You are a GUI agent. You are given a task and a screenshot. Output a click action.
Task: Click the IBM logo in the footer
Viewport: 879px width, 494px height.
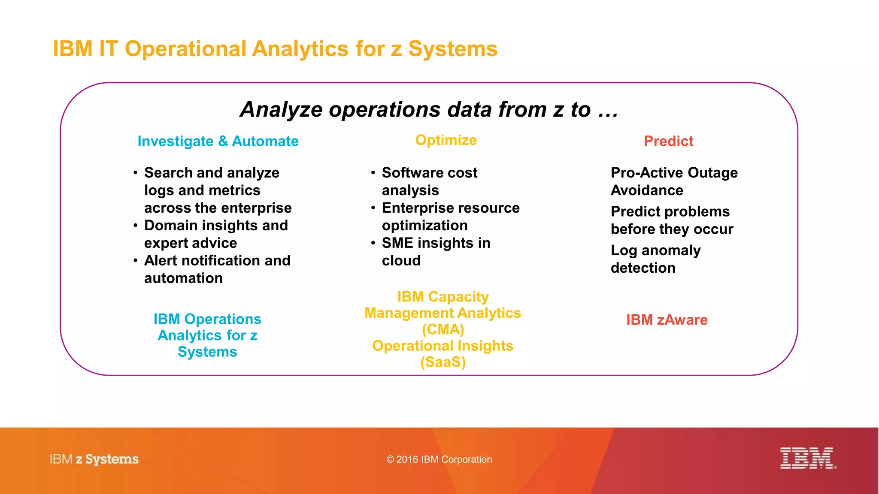(807, 458)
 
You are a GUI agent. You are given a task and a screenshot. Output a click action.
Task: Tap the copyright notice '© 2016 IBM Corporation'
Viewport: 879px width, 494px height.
(439, 459)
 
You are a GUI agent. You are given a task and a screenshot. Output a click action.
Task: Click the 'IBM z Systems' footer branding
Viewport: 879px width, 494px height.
(94, 459)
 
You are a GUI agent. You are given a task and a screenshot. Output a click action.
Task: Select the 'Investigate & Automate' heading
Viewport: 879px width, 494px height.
(218, 141)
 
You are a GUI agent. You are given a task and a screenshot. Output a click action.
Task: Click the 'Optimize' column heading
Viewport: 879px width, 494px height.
(446, 140)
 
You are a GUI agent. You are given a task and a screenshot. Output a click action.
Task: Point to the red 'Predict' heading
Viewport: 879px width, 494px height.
(668, 141)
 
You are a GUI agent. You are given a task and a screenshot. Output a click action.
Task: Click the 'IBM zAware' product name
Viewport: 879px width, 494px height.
(667, 320)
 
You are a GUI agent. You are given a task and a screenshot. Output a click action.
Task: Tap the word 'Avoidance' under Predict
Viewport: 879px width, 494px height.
(647, 190)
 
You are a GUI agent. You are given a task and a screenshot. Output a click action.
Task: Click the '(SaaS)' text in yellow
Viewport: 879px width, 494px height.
(443, 362)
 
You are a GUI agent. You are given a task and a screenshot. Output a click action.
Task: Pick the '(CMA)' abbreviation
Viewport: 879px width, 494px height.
(443, 329)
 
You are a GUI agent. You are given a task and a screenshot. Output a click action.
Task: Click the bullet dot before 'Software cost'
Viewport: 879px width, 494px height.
(373, 173)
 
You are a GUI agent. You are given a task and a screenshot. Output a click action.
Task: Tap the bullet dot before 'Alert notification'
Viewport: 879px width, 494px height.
(135, 261)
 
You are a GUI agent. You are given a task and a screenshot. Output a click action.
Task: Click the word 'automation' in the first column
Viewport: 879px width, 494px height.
(183, 278)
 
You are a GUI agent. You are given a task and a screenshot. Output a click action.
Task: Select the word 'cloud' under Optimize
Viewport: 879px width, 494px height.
(401, 261)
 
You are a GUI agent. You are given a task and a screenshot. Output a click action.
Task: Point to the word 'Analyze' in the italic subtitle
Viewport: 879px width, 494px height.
(281, 109)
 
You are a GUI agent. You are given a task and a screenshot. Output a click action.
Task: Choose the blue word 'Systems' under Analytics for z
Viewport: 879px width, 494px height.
(207, 352)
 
